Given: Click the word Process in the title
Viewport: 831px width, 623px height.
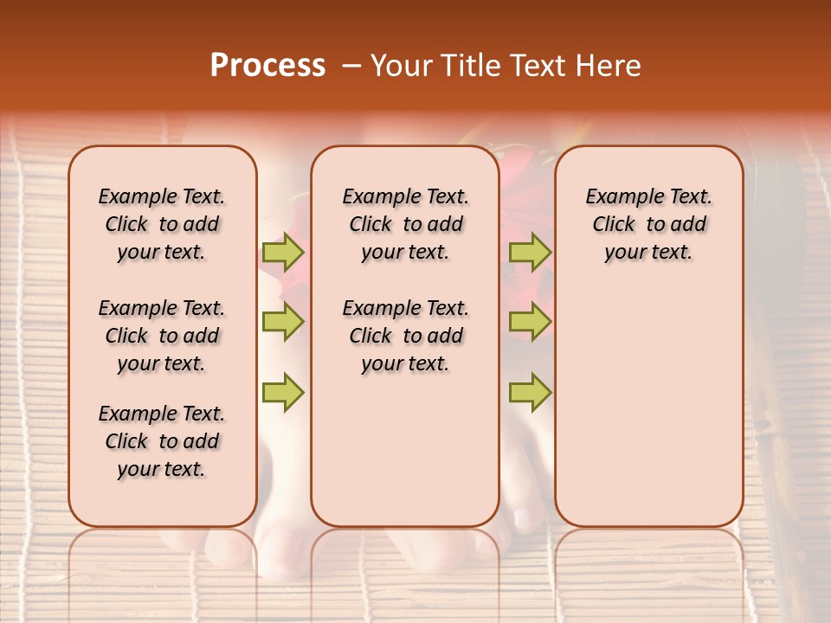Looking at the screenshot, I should coord(267,66).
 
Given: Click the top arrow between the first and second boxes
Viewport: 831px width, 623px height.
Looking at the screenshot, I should coord(283,253).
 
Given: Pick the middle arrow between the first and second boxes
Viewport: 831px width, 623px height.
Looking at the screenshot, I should coord(283,322).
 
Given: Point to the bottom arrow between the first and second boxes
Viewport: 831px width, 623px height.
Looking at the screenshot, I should coord(283,392).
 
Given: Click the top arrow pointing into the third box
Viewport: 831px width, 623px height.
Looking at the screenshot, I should coord(530,253).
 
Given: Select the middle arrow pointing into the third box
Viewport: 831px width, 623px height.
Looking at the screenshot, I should coord(530,322).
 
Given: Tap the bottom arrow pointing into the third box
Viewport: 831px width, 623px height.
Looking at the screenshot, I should coord(530,392).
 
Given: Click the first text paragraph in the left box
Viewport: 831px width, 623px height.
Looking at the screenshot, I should coord(162,224).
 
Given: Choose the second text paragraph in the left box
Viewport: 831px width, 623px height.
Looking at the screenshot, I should coord(162,336).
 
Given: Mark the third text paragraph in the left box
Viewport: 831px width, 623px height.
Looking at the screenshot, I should coord(162,441).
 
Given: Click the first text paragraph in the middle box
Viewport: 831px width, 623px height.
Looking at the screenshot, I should coord(405,224).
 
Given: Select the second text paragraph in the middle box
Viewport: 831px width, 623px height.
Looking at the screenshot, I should coord(405,336).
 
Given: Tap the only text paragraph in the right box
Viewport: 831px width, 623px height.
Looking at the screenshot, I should coord(648,224).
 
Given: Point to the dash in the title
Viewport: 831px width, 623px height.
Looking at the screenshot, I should coord(351,66).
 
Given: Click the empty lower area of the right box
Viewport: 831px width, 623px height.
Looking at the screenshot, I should coord(648,415).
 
